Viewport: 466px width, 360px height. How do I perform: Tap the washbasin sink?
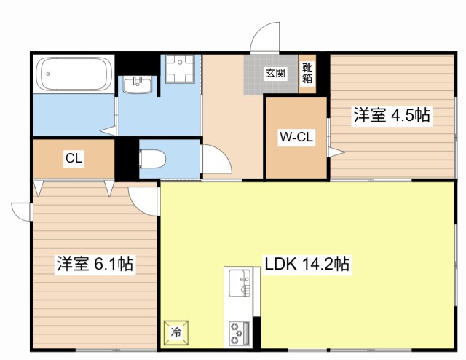click(138, 85)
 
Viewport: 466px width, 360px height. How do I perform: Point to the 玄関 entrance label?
click(275, 73)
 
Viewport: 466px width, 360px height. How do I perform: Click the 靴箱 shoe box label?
click(307, 73)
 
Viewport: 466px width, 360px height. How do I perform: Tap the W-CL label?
click(296, 136)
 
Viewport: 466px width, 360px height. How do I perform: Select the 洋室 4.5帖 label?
click(391, 115)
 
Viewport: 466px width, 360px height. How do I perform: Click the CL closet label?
click(73, 158)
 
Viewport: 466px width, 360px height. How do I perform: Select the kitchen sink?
click(239, 282)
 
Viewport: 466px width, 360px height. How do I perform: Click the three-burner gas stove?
click(239, 332)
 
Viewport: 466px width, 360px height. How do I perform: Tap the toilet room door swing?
click(216, 160)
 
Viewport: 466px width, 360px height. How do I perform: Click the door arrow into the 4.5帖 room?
click(336, 152)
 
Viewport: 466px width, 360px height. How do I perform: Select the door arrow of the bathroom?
click(107, 131)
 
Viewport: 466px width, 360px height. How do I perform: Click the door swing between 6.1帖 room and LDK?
click(143, 197)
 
